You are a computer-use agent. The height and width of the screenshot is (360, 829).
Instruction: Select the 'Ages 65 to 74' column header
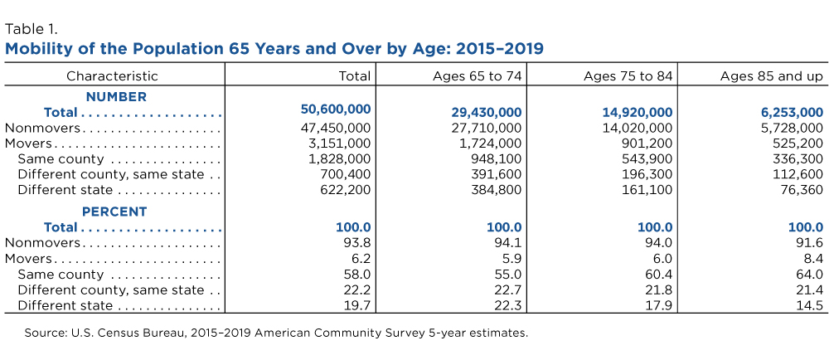pyautogui.click(x=477, y=76)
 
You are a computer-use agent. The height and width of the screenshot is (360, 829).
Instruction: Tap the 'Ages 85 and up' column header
pyautogui.click(x=772, y=76)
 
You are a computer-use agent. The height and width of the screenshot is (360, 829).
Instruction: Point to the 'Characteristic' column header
pyautogui.click(x=112, y=76)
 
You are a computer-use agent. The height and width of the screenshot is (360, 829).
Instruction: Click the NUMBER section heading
pyautogui.click(x=116, y=97)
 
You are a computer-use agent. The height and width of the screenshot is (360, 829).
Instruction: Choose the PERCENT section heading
pyautogui.click(x=114, y=212)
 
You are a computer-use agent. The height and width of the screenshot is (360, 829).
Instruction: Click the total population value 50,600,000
pyautogui.click(x=336, y=109)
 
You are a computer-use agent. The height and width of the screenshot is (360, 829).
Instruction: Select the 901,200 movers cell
pyautogui.click(x=648, y=144)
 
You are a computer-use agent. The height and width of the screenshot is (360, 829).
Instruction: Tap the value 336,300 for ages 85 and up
pyautogui.click(x=799, y=158)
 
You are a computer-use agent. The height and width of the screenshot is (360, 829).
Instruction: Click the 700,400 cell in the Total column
pyautogui.click(x=346, y=174)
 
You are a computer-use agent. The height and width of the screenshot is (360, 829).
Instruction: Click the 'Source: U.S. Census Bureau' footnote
pyautogui.click(x=276, y=333)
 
